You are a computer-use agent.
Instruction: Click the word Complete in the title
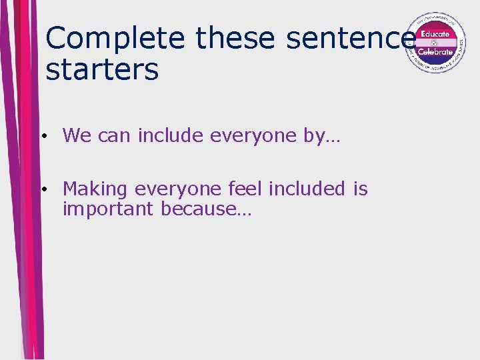[x=115, y=38]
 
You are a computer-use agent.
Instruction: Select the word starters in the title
[x=102, y=69]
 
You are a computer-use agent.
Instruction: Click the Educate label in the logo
[x=435, y=33]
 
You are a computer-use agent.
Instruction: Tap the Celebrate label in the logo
[x=435, y=51]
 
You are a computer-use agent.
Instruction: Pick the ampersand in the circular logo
[x=435, y=43]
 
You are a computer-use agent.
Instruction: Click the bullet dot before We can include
[x=42, y=137]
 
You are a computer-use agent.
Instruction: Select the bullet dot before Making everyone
[x=42, y=190]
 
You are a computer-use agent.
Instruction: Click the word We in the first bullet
[x=77, y=135]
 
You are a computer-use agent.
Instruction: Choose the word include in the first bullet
[x=171, y=135]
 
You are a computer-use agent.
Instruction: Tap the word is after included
[x=361, y=189]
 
